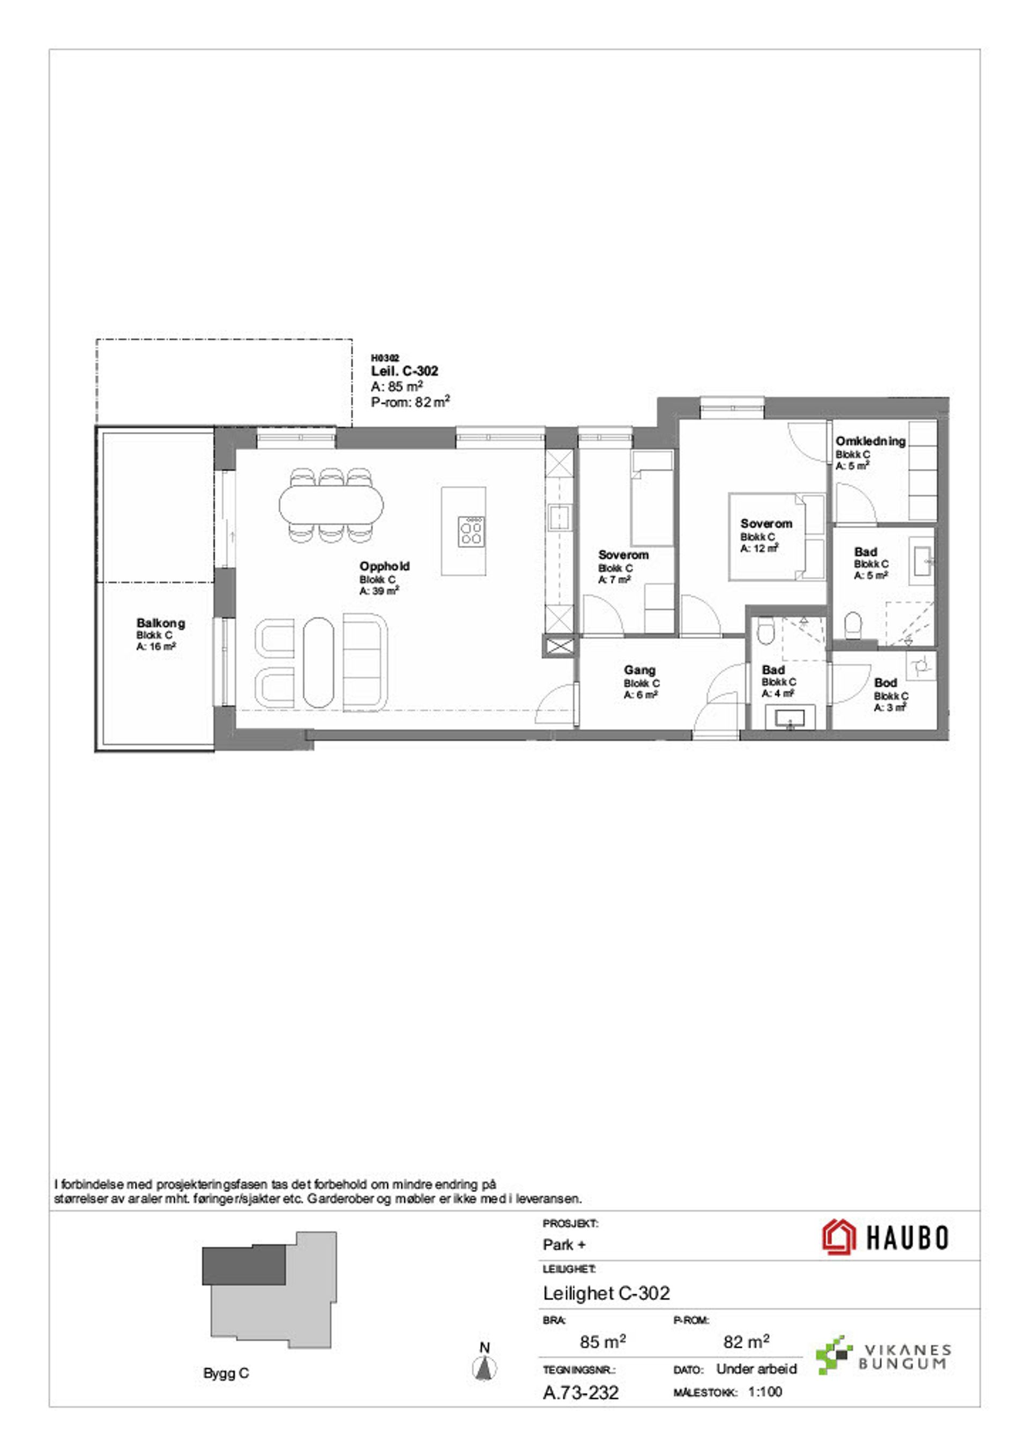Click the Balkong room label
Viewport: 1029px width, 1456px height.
click(160, 623)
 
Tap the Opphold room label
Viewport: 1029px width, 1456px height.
click(384, 566)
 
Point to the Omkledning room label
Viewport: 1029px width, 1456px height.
click(870, 441)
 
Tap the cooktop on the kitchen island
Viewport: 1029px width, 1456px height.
click(472, 531)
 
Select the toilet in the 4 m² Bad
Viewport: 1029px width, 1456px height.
click(765, 631)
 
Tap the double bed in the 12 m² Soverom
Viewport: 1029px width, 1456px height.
click(777, 537)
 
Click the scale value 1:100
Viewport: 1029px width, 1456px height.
click(765, 1391)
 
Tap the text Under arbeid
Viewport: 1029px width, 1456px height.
click(756, 1369)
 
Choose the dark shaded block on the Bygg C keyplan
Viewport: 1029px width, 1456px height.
click(244, 1265)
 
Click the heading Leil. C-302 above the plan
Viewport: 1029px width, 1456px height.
click(405, 371)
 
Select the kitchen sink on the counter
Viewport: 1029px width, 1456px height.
click(561, 517)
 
